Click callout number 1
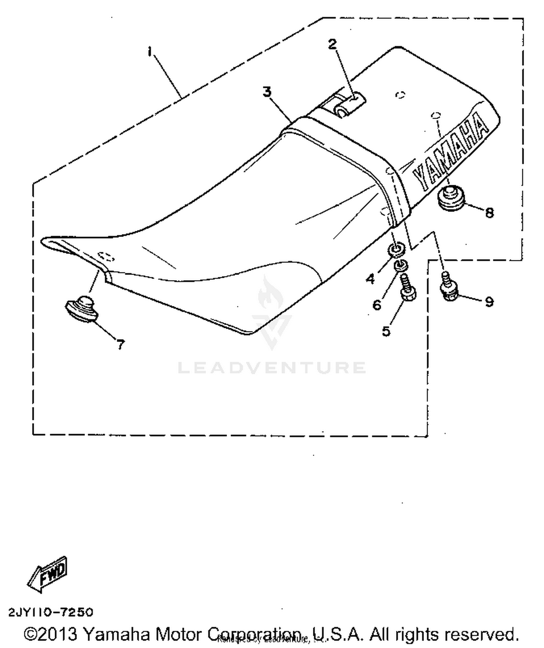pyautogui.click(x=149, y=52)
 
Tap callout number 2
pyautogui.click(x=332, y=44)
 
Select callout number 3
pyautogui.click(x=267, y=92)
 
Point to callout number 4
pyautogui.click(x=370, y=279)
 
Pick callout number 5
pyautogui.click(x=386, y=331)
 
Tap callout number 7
pyautogui.click(x=121, y=344)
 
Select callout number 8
pyautogui.click(x=489, y=213)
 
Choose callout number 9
pyautogui.click(x=489, y=301)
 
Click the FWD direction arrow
pyautogui.click(x=47, y=574)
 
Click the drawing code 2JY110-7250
pyautogui.click(x=51, y=612)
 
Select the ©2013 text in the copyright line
pyautogui.click(x=51, y=634)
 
